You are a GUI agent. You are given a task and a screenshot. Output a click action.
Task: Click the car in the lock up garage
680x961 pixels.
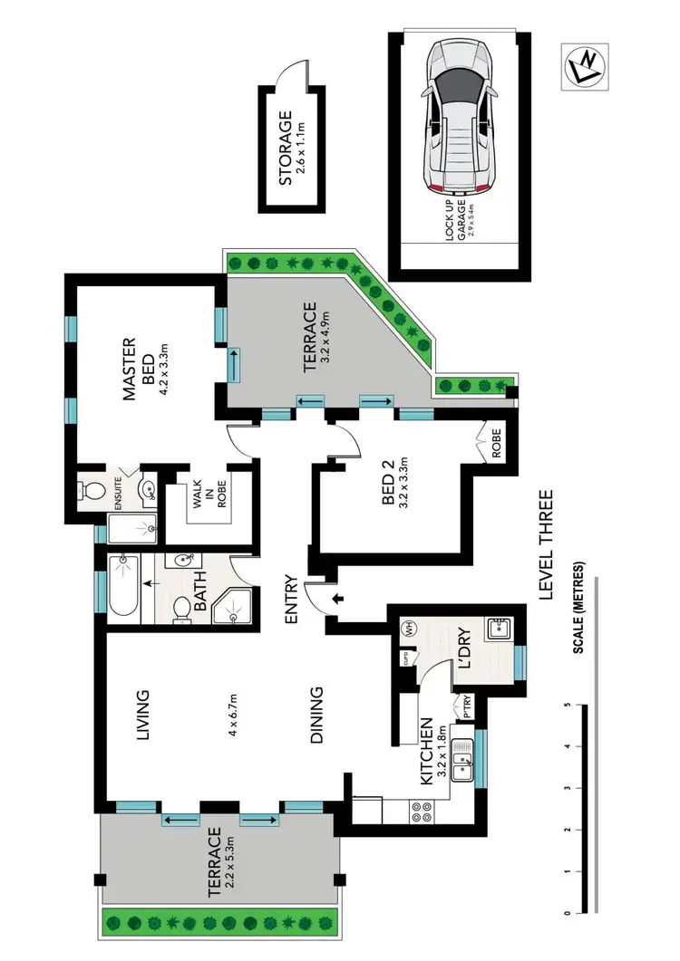(461, 117)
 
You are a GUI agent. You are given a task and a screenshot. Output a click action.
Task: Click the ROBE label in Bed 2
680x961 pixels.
(497, 448)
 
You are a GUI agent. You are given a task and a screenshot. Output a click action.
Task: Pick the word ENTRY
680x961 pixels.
(291, 601)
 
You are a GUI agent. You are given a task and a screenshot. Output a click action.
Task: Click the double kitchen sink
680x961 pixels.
(464, 761)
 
